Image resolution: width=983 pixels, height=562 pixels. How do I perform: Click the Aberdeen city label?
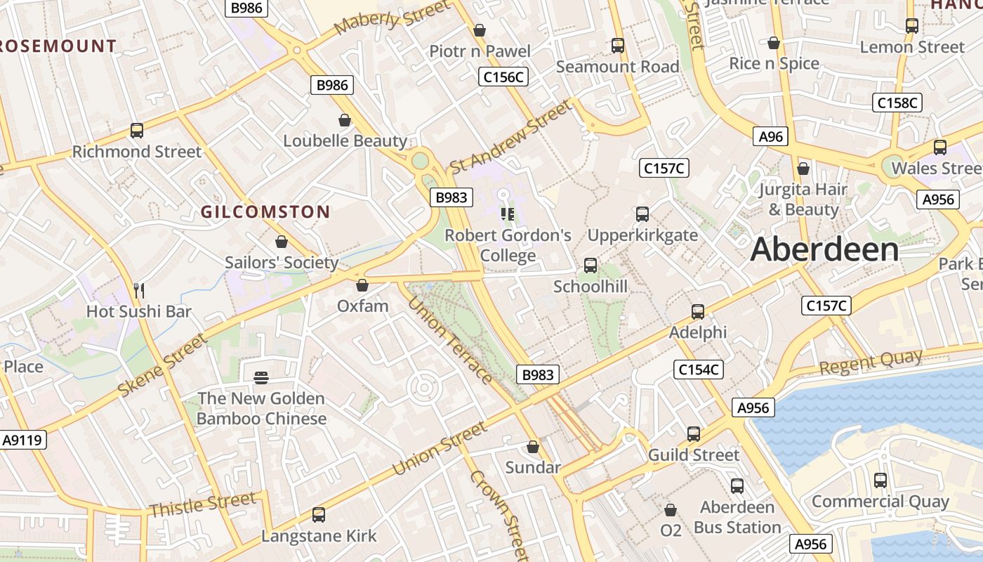pos(824,250)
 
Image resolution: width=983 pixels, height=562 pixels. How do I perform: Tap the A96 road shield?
pos(770,136)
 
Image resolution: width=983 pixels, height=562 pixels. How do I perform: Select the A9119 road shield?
pos(23,440)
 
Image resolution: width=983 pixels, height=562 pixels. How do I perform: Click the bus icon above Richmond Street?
pos(137,131)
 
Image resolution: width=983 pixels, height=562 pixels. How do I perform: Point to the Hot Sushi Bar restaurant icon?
pos(139,290)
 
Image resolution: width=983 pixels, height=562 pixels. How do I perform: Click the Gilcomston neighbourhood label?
pos(265,211)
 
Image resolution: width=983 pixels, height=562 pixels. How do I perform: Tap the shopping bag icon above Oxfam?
pos(362,285)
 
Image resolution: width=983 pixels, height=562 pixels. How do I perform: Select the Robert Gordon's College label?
pos(508,245)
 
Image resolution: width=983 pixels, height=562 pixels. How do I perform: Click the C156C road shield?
pos(503,77)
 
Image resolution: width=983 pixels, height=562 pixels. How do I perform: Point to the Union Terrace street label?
pos(450,341)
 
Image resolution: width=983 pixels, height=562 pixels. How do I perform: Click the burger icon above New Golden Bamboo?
pos(261,378)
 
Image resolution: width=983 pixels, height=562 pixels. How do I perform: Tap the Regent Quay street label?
pos(871,362)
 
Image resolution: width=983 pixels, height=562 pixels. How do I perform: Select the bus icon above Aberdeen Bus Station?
pos(737,486)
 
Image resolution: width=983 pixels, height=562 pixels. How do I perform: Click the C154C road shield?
pos(699,370)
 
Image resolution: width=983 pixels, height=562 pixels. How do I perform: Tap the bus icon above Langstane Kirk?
pos(319,515)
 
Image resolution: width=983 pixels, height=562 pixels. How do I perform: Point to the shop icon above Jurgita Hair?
pos(803,169)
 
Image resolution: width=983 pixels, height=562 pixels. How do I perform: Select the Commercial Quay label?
pos(880,502)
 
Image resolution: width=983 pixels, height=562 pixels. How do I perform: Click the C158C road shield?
pos(897,103)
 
